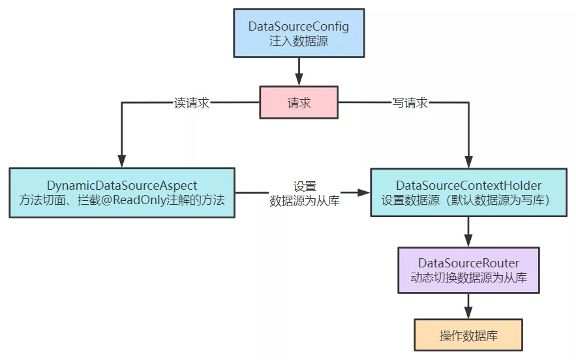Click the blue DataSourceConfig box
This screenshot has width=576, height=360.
(299, 33)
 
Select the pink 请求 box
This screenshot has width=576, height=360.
(299, 103)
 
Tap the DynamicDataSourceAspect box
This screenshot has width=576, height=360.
(122, 193)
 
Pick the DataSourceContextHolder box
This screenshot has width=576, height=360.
(468, 193)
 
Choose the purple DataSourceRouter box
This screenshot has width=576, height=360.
(468, 270)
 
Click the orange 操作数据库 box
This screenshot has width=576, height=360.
(468, 335)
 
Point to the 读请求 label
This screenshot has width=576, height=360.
(192, 103)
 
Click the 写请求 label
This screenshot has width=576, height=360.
(410, 103)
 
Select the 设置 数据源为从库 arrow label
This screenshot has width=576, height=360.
(305, 194)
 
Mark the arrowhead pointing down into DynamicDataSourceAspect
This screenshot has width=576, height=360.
(122, 162)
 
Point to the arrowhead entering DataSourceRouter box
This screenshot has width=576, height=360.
(468, 241)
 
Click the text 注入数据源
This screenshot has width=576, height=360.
(299, 40)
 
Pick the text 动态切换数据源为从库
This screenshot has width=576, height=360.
(468, 278)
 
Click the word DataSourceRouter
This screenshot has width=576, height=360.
(468, 263)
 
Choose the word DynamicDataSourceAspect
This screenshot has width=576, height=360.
(122, 186)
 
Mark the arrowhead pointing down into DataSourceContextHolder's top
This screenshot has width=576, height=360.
(468, 162)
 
